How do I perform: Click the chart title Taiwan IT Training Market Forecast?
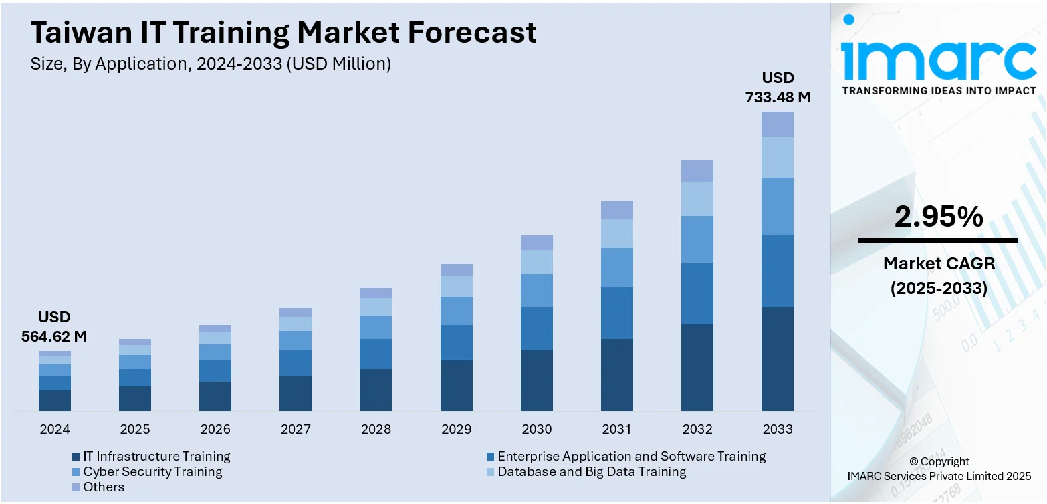[283, 32]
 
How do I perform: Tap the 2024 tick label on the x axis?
[55, 429]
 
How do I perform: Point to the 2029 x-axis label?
[456, 429]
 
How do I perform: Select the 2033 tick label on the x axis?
[777, 429]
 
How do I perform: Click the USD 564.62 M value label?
[54, 327]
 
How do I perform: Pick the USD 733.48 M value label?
[778, 88]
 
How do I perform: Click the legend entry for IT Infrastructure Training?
[156, 457]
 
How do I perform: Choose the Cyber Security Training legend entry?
[152, 472]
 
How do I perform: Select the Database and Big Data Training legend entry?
[592, 472]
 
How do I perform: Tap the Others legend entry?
[104, 487]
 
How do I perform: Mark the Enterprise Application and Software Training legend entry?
[631, 457]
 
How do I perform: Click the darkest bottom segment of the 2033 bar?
[778, 359]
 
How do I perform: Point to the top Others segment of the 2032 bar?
[697, 171]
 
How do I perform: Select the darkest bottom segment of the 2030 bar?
[537, 380]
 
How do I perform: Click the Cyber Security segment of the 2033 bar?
[778, 206]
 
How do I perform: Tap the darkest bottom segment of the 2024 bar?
[55, 400]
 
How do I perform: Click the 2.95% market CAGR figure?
[939, 217]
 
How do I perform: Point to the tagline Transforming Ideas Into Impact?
[939, 90]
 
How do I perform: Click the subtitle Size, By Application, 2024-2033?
[211, 64]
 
